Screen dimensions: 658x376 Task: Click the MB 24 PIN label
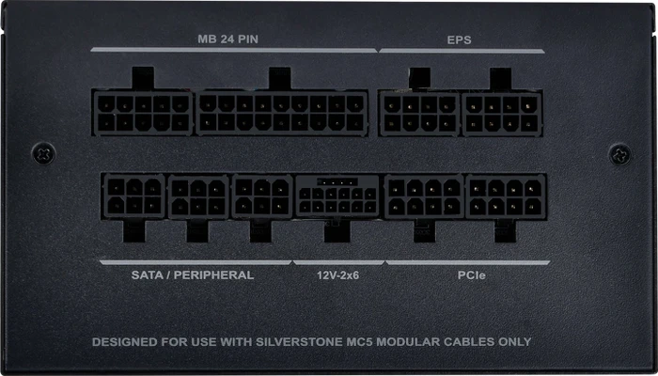click(227, 39)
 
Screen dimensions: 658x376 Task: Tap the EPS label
click(459, 39)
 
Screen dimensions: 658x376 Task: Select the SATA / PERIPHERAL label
click(193, 275)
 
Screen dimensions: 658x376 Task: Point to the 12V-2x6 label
click(337, 275)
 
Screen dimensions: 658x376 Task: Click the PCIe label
click(472, 275)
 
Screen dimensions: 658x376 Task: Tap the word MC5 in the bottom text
click(360, 342)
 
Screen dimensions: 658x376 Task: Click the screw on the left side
click(43, 153)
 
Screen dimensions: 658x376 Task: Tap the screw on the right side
click(620, 154)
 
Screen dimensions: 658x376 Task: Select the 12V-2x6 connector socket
click(337, 196)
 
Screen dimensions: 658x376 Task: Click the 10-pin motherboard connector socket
click(143, 113)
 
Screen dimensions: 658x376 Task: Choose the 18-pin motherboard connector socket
click(282, 113)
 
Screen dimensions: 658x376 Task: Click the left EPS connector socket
click(419, 114)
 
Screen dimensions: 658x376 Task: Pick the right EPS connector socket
click(502, 114)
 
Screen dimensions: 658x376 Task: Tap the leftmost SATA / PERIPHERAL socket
click(133, 196)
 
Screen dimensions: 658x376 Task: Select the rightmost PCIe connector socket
click(506, 196)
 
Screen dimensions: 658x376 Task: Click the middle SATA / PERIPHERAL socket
click(198, 196)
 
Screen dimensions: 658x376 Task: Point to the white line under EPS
click(462, 51)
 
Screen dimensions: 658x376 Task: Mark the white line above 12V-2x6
click(338, 262)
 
